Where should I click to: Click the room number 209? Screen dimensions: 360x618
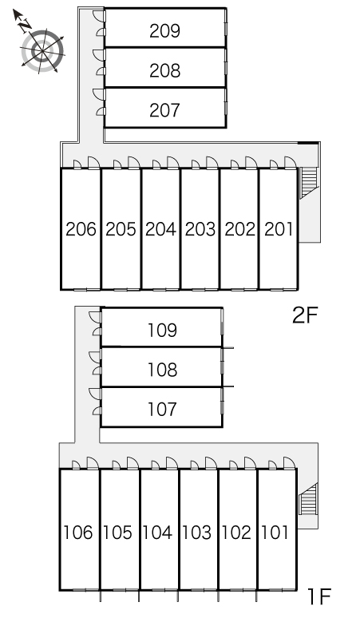point(164,31)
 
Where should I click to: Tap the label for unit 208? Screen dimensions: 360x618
point(164,70)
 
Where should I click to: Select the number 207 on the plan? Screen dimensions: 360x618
point(164,110)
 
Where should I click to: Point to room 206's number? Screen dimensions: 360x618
point(81,229)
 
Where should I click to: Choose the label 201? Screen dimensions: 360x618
point(279,229)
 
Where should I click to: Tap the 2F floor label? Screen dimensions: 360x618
point(305,315)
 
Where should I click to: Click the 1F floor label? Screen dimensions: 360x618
point(319,596)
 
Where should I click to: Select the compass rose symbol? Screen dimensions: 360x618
point(42,50)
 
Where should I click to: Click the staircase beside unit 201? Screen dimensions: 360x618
point(308,183)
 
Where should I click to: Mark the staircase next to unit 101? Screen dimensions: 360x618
point(308,498)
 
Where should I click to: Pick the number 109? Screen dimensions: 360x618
point(162,331)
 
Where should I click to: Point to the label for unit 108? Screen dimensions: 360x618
point(162,370)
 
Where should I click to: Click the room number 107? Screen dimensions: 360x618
point(162,409)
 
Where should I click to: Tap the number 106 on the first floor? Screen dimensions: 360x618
point(78,533)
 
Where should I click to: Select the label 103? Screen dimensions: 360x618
point(196,533)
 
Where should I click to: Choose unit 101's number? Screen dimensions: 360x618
point(275,533)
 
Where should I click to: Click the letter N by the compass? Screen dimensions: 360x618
point(26,24)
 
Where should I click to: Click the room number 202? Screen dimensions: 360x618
point(240,229)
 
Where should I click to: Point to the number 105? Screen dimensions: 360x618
point(117,533)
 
